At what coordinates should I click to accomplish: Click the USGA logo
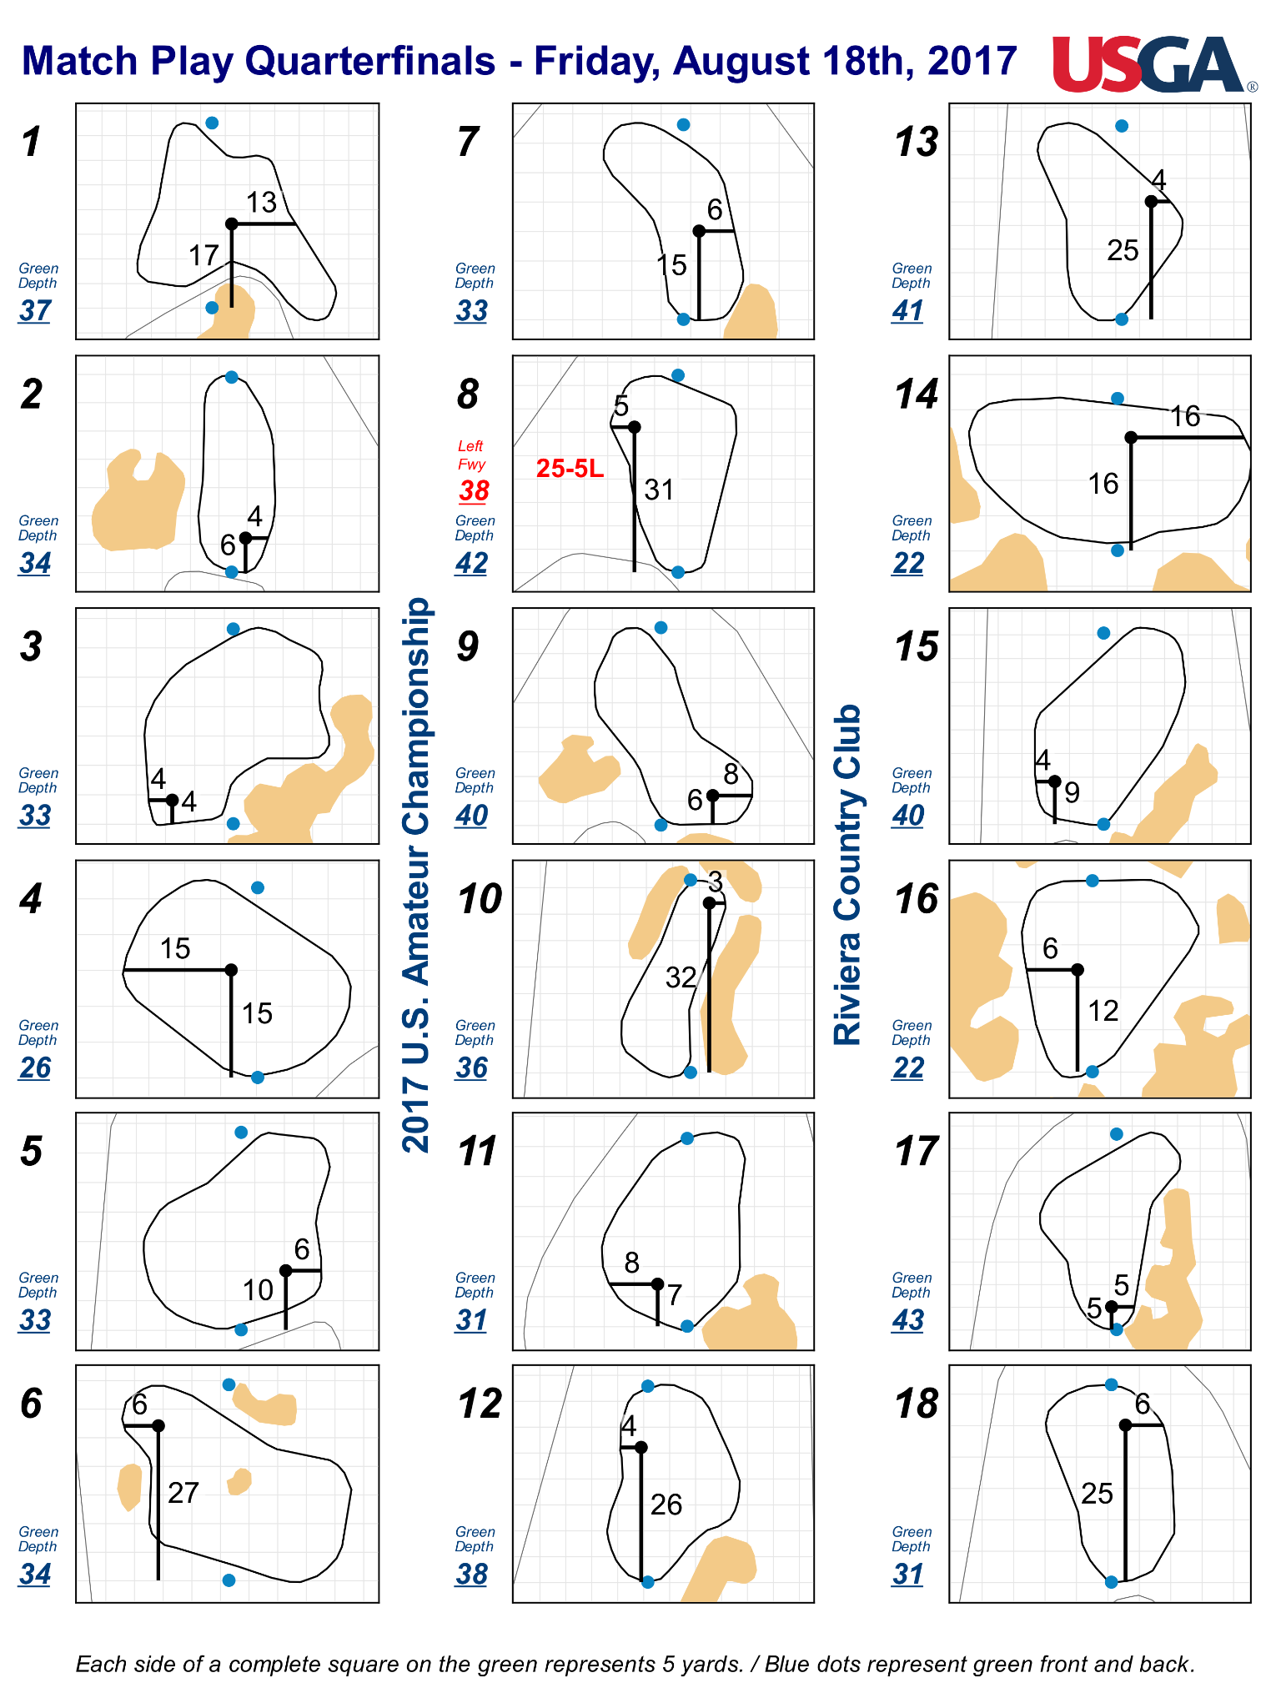(1154, 63)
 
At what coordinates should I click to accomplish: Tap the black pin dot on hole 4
(231, 969)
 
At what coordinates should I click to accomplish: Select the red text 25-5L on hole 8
(570, 469)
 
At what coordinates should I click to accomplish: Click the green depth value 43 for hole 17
(908, 1319)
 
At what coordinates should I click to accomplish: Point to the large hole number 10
(480, 899)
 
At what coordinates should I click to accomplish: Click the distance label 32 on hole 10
(681, 977)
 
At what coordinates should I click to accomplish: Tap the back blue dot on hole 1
(212, 123)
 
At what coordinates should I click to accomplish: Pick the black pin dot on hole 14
(1131, 437)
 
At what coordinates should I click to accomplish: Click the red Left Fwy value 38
(474, 490)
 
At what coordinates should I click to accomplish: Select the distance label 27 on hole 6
(183, 1492)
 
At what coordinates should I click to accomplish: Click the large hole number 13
(917, 142)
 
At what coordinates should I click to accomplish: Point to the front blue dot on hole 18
(1111, 1581)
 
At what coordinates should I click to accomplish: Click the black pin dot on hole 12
(640, 1447)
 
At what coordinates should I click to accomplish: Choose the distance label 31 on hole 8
(659, 490)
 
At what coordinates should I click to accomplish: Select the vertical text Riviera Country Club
(847, 874)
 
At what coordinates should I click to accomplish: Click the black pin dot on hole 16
(1078, 969)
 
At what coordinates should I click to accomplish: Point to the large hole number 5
(32, 1151)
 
